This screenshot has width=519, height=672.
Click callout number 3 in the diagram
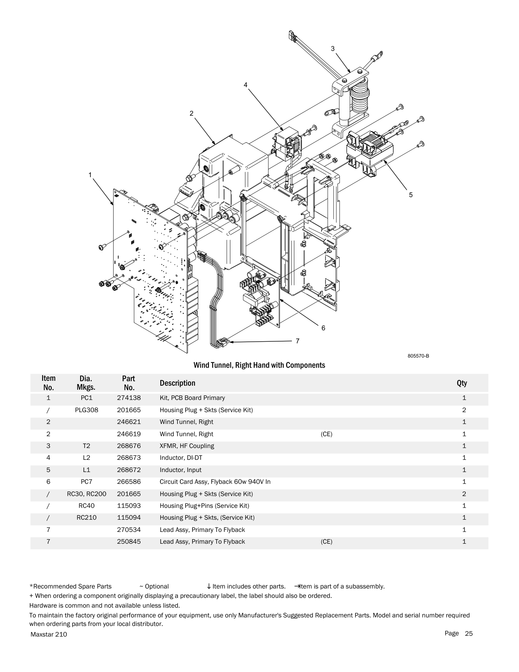pos(333,49)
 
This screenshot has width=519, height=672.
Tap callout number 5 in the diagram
pos(411,195)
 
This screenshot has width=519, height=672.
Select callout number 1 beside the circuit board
pos(90,175)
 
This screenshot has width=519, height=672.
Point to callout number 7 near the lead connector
pos(298,341)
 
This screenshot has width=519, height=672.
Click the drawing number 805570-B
pos(418,356)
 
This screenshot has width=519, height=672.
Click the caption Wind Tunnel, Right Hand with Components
pos(259,365)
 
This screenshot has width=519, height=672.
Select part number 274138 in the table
pos(129,398)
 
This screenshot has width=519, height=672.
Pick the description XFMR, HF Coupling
pos(187,446)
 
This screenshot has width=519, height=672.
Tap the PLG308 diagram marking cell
pos(86,410)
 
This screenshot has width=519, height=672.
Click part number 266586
pos(129,482)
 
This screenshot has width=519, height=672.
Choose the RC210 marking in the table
pos(86,518)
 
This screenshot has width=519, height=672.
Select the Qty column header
pos(462,383)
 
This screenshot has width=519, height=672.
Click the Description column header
pos(177,383)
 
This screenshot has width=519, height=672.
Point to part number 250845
pos(129,542)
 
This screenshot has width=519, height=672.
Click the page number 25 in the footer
pos(469,633)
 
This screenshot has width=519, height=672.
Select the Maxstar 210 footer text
pos(49,635)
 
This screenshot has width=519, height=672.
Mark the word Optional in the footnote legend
pos(157,586)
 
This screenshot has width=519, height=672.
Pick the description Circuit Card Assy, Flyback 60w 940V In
pos(215,482)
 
